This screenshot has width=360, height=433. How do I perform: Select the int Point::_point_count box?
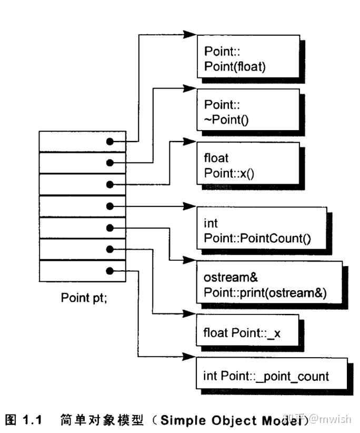click(271, 376)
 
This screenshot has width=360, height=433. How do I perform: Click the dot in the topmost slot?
click(109, 142)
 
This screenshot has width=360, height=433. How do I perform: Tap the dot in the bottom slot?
click(109, 270)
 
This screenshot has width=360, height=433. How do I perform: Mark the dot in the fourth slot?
click(109, 206)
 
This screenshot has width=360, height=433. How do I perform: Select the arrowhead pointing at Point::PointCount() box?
click(189, 206)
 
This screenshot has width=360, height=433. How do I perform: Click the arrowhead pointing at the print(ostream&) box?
click(189, 261)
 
